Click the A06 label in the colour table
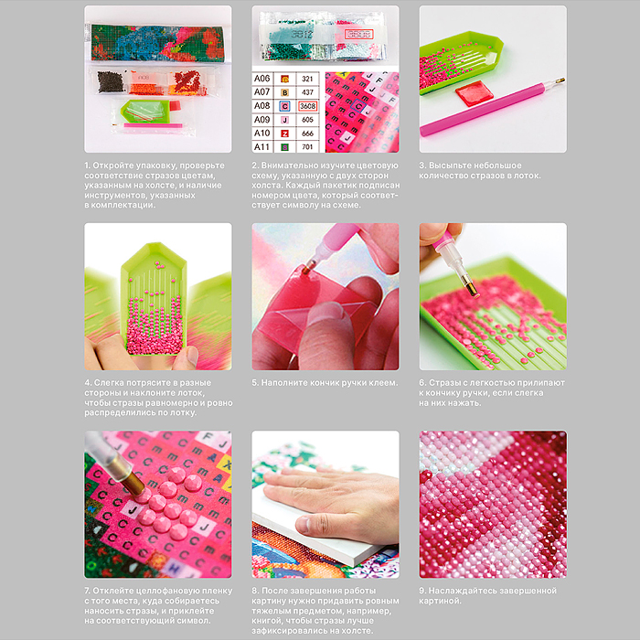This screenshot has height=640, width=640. (262, 79)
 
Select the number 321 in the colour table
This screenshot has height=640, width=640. (307, 79)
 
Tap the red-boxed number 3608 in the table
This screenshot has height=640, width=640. (307, 106)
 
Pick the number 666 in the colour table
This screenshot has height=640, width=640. (307, 133)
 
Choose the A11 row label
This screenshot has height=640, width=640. (262, 146)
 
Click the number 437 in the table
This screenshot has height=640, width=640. (307, 92)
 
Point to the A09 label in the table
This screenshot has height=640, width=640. (262, 120)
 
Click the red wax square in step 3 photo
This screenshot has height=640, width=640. (474, 93)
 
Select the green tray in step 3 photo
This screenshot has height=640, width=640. (459, 61)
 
